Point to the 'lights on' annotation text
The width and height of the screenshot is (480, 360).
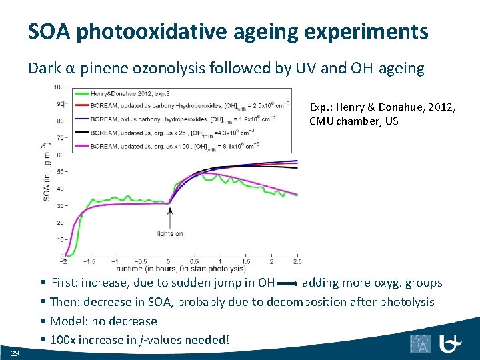169,233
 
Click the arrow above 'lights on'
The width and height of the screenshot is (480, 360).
169,217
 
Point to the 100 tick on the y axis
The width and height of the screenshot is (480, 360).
59,87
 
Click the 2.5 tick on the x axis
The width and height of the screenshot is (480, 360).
297,261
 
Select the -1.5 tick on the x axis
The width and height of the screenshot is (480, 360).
91,261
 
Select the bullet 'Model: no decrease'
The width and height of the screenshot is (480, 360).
103,321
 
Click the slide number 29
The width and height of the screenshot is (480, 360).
14,352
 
